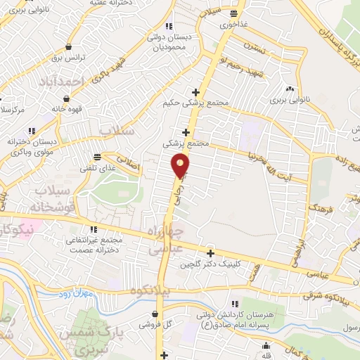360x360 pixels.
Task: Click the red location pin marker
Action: click(x=181, y=167)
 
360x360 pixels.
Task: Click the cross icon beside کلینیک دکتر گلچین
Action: click(x=210, y=253)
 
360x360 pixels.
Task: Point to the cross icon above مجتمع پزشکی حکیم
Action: click(x=195, y=91)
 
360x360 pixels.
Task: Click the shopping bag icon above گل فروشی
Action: click(x=154, y=314)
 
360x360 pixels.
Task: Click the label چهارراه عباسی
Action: click(x=166, y=239)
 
